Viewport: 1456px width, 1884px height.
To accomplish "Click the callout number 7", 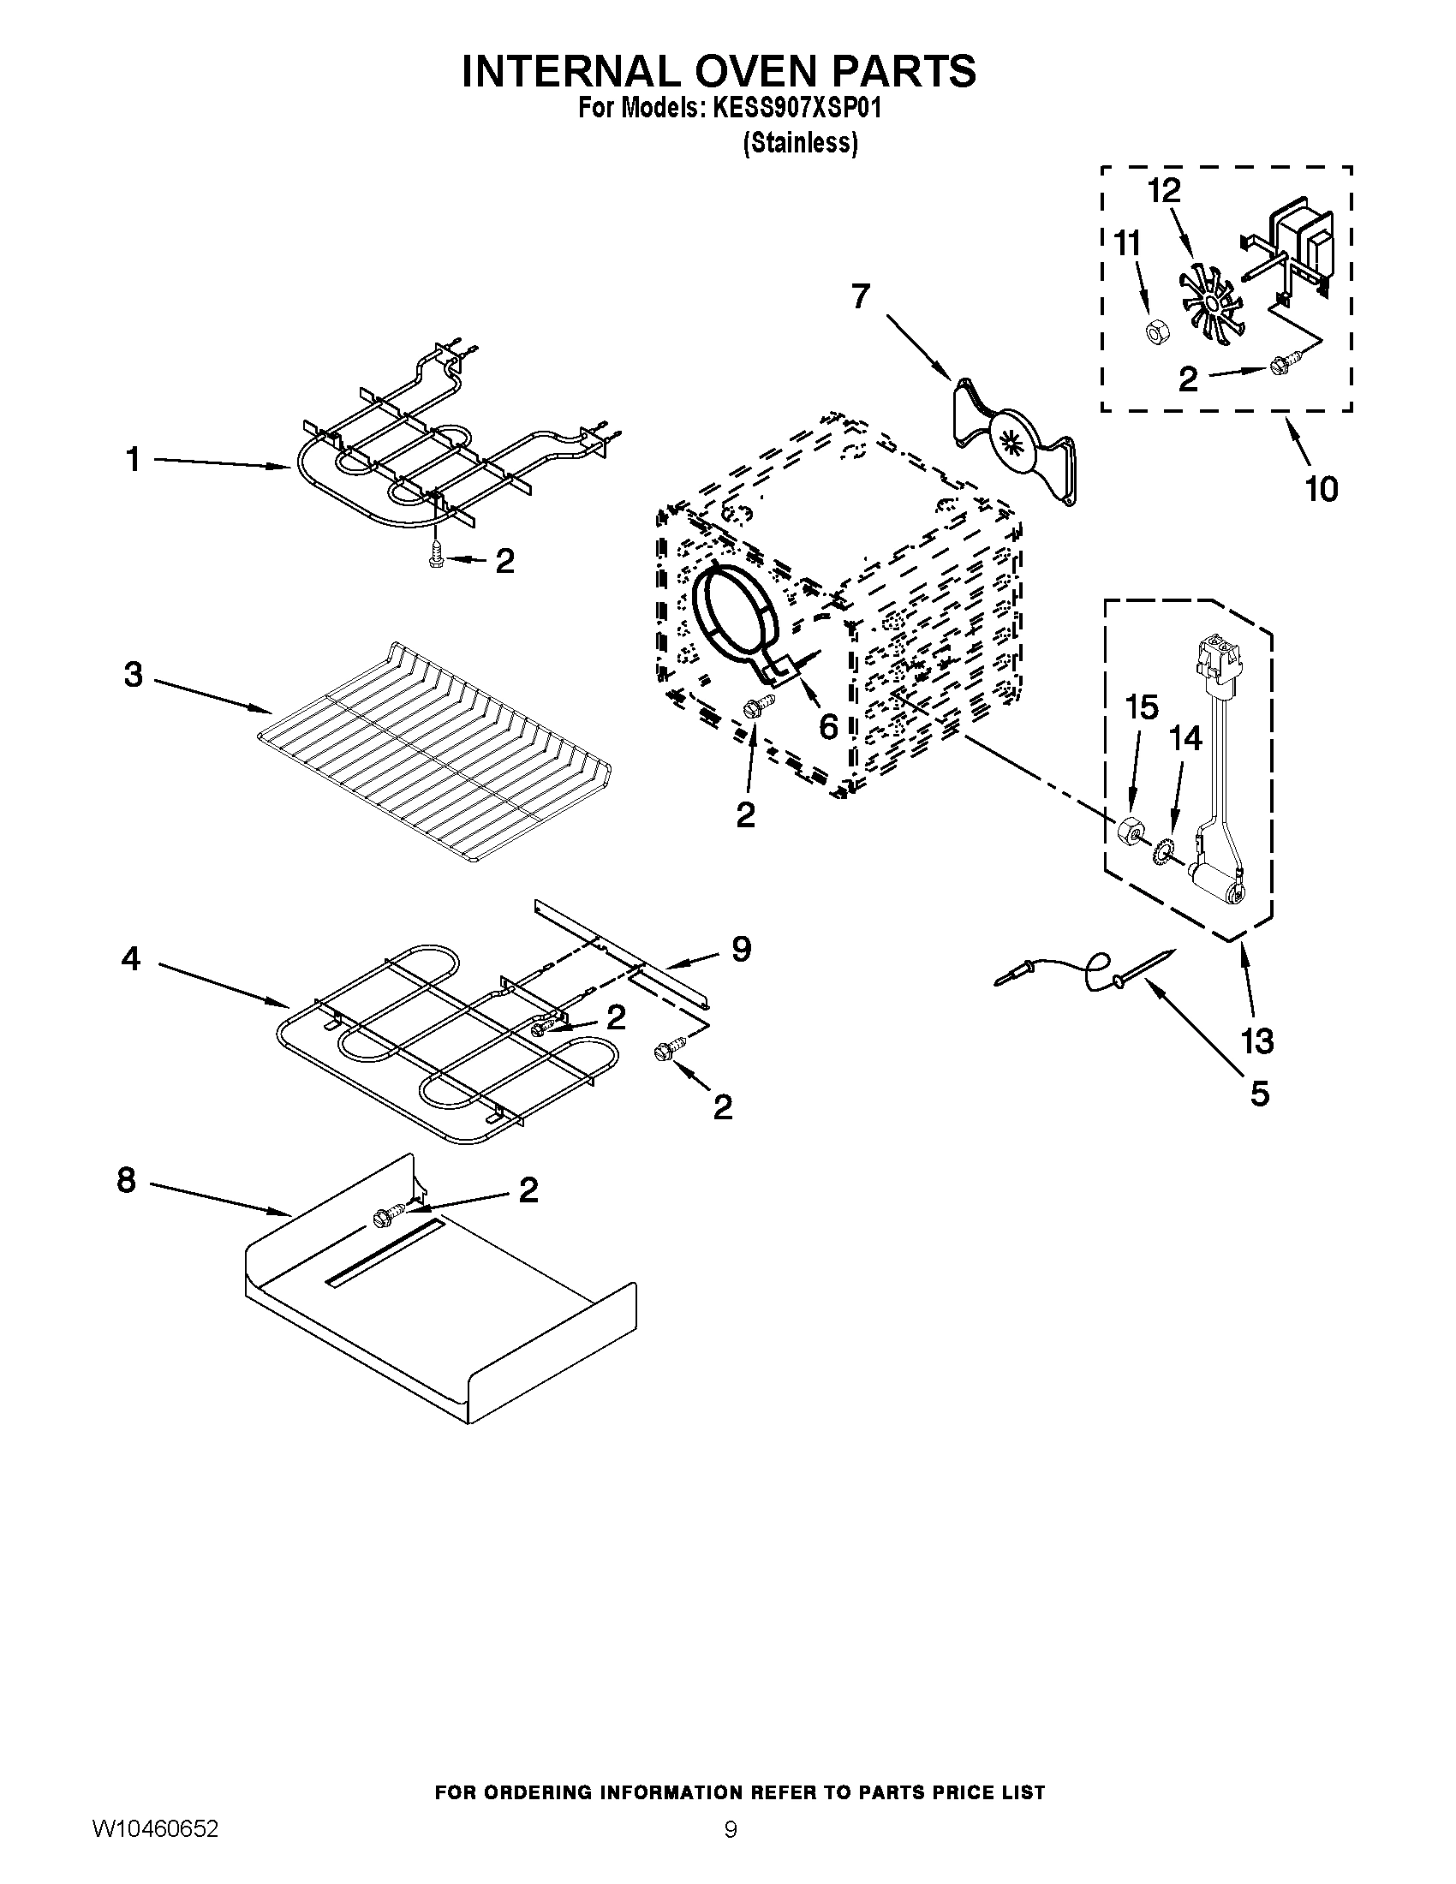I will click(860, 297).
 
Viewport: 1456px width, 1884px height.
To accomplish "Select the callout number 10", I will click(1321, 489).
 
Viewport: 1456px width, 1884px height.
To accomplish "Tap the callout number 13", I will click(1257, 1041).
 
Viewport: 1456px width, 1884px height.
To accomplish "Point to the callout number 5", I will click(1259, 1094).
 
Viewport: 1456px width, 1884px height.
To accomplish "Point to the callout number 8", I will click(127, 1180).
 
